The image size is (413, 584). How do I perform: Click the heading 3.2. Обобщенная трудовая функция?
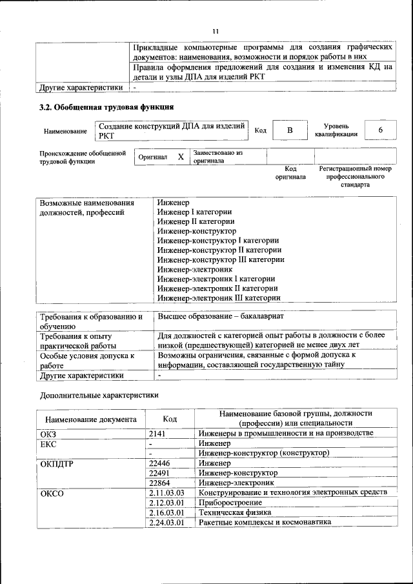coord(106,106)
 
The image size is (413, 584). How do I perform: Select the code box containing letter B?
coord(289,130)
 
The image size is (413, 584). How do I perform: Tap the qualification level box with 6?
coord(380,130)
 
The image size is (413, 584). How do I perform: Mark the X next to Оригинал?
coord(181,157)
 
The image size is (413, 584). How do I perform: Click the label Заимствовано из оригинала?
coord(217,157)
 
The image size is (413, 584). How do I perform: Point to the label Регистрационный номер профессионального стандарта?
coord(356,176)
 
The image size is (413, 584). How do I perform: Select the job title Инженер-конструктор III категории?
coord(221,259)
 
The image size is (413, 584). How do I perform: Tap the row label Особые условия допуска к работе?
coord(87,359)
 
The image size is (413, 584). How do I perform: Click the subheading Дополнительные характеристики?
coord(99,395)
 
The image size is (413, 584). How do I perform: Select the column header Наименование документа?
coord(91,419)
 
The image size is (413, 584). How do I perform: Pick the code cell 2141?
coord(157,434)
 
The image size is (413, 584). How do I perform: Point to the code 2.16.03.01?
coord(166,512)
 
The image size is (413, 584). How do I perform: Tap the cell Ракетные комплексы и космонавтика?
coord(265,522)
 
